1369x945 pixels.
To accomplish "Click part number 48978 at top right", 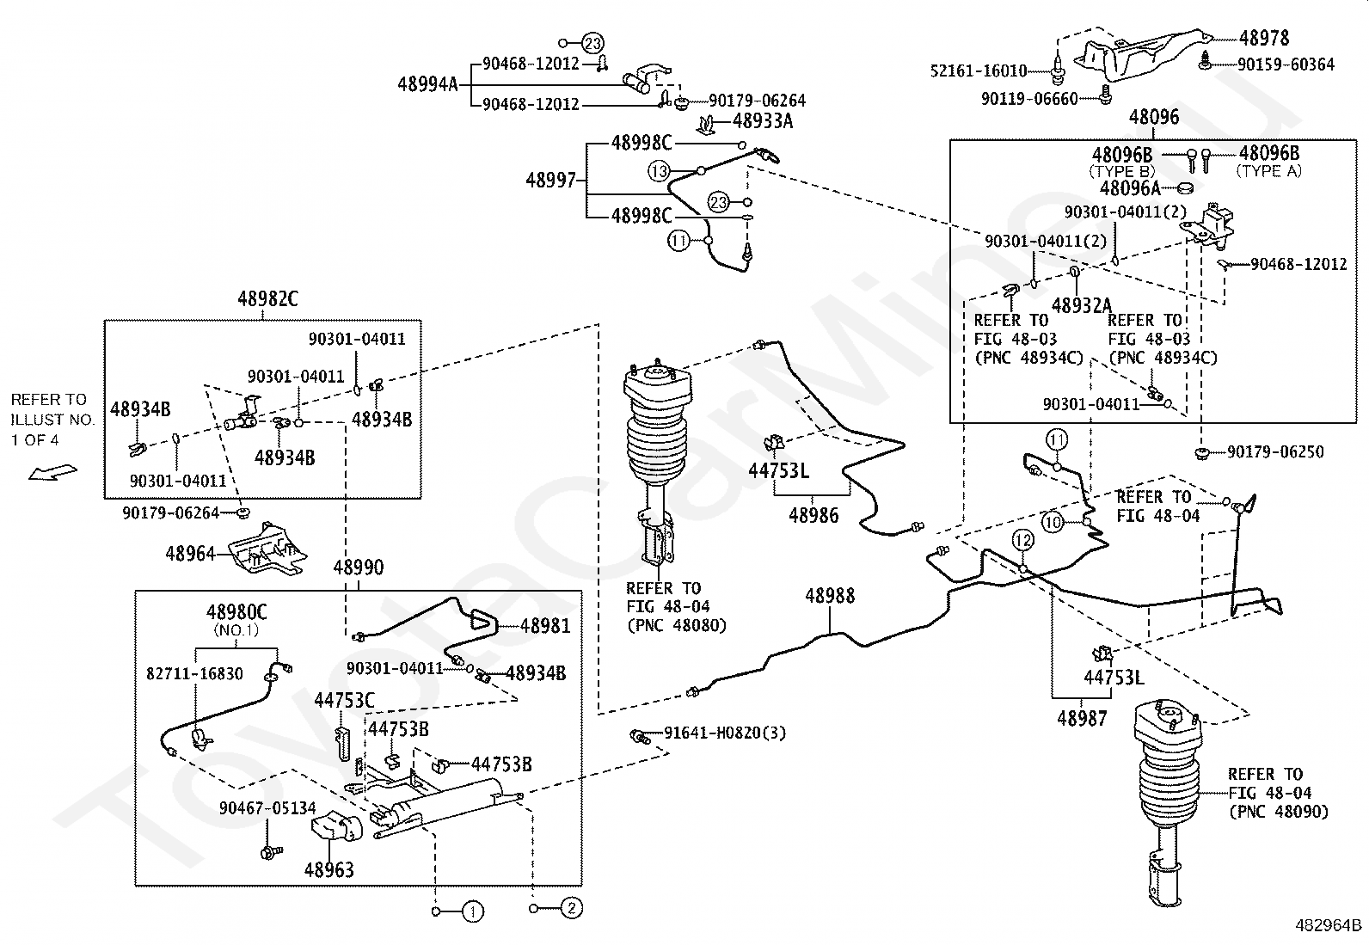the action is tap(1264, 38).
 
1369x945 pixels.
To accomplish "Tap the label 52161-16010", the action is tap(979, 71).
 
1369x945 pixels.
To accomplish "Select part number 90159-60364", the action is tap(1286, 64).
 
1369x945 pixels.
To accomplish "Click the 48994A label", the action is tap(428, 83).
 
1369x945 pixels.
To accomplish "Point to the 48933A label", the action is tap(763, 121).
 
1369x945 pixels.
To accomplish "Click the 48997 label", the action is tap(550, 181).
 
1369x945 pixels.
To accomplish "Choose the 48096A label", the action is tap(1130, 188).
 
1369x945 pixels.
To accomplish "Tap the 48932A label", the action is tap(1082, 305).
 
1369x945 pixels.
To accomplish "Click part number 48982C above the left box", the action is tap(267, 299).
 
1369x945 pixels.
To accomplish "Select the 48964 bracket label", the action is tap(190, 554).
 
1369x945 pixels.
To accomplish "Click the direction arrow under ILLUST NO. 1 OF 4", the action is tap(52, 473).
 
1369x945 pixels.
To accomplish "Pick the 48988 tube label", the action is tap(830, 595).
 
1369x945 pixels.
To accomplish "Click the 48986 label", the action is tap(813, 515).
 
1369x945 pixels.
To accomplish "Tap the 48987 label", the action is tap(1082, 719).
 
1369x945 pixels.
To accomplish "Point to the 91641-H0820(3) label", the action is tap(725, 733).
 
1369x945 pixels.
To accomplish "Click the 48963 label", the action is tap(328, 870).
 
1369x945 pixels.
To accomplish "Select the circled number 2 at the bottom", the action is tap(572, 908).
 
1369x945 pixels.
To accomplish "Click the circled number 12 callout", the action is tap(1022, 540).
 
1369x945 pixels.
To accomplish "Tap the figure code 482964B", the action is tap(1329, 925).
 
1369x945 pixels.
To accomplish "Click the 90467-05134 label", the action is tap(267, 808).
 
